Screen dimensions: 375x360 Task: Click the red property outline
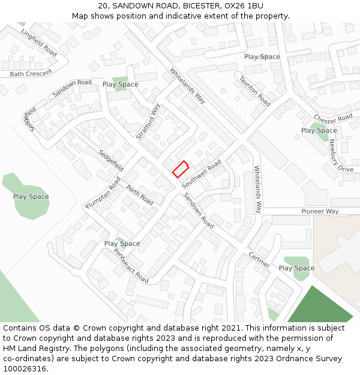click(180, 169)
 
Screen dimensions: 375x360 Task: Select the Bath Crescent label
click(31, 73)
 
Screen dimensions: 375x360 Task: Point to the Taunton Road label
click(254, 91)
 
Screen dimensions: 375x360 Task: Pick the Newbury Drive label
click(341, 155)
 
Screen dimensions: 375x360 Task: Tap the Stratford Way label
click(148, 122)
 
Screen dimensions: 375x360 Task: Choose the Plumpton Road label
click(103, 193)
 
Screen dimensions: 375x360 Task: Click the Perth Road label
click(139, 195)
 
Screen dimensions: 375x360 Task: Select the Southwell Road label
click(202, 173)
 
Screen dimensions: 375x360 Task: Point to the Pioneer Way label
click(320, 211)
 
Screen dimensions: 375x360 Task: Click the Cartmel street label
click(259, 260)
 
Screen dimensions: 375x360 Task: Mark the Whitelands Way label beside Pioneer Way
click(258, 190)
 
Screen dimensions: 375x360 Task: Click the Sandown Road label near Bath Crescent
click(72, 88)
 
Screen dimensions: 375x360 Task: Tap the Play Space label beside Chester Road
click(319, 130)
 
